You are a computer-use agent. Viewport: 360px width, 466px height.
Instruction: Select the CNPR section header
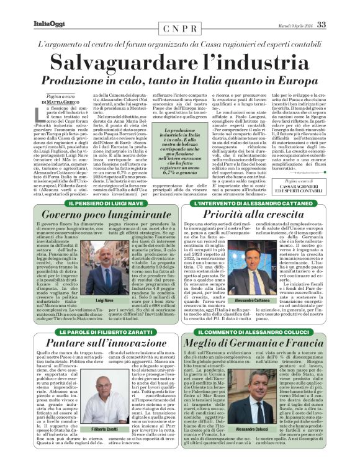click(180, 29)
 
